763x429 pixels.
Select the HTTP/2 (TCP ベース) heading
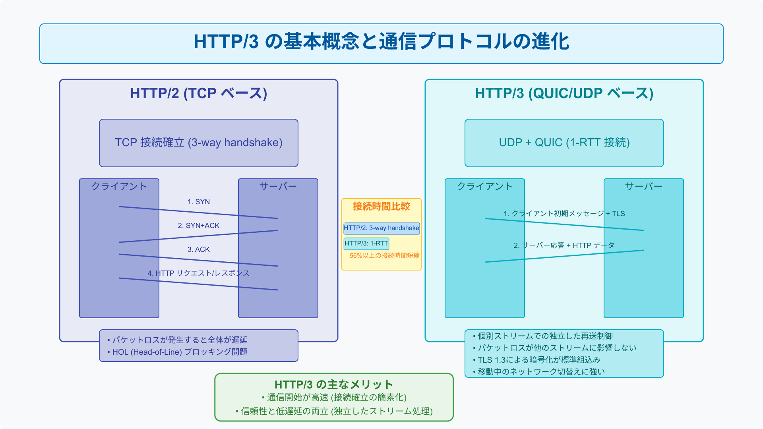[199, 93]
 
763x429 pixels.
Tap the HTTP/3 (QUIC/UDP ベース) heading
[564, 93]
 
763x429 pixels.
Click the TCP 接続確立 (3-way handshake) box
[199, 143]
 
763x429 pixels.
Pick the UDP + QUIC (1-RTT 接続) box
[564, 143]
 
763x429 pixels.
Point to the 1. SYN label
[199, 202]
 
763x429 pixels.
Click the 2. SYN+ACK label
[199, 226]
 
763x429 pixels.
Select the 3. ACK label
[199, 249]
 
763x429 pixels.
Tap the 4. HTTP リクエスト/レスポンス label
[199, 273]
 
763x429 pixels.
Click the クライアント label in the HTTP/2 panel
[119, 186]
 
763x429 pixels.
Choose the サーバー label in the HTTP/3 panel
[644, 186]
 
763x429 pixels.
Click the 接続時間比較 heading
[381, 206]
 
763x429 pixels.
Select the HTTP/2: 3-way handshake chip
[381, 228]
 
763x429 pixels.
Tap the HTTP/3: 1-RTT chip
[366, 243]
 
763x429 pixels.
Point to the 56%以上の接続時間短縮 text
[385, 256]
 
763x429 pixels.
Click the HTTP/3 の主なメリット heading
[334, 385]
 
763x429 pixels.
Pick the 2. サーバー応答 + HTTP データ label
[564, 245]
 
